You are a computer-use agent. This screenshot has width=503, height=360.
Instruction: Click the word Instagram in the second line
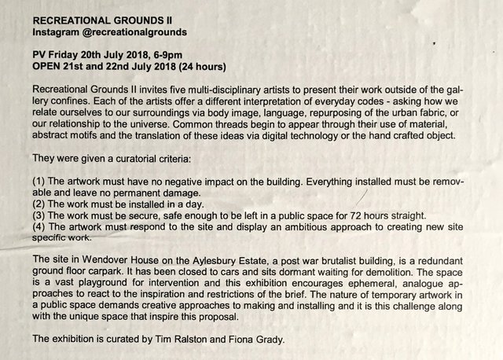click(61, 34)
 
